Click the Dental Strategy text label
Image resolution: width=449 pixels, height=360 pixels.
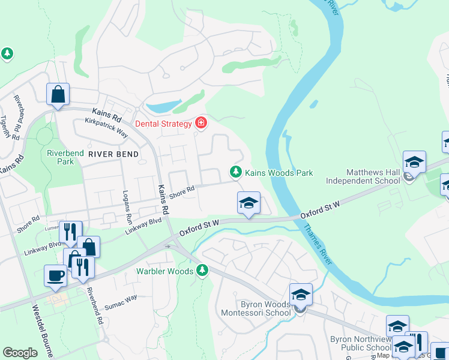coord(163,124)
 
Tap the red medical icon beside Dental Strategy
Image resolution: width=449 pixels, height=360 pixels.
coord(201,124)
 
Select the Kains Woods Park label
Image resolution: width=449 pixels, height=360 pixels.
coord(279,173)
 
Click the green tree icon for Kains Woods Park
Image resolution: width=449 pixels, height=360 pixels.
coord(237,173)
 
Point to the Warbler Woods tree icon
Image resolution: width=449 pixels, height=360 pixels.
coord(203,271)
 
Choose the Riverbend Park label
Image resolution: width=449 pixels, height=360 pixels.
coord(65,157)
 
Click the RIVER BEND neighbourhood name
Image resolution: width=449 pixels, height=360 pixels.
coord(113,154)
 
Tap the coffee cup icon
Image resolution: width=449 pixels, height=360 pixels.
coord(56,275)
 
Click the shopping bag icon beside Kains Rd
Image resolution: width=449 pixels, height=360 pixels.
coord(58,94)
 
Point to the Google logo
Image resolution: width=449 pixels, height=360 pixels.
coord(20,353)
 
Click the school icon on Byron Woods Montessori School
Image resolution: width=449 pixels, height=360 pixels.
coord(301,295)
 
